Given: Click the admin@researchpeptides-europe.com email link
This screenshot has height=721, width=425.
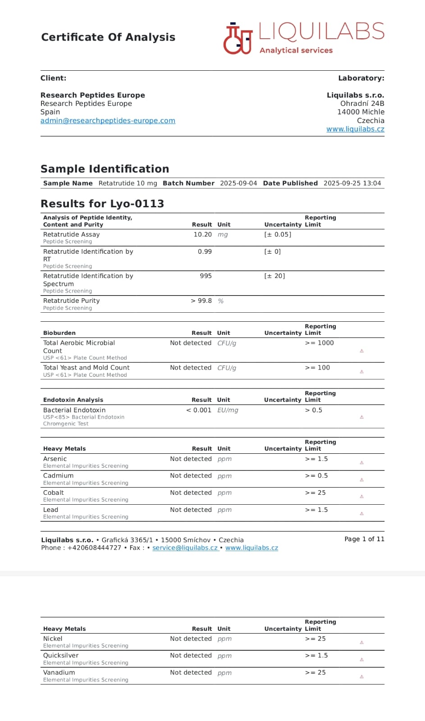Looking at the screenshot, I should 108,121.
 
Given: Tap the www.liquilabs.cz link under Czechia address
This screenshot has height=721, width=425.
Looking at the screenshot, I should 355,129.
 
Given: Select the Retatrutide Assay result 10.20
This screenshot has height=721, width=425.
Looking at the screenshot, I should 202,235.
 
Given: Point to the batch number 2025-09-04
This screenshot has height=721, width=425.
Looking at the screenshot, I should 238,183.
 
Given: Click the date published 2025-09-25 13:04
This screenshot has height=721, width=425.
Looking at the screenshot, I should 352,183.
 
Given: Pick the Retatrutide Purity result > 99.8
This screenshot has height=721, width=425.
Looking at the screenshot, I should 201,301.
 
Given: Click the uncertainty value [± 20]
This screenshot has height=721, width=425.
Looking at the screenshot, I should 274,276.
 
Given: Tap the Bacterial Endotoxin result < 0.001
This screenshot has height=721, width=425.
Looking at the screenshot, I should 198,411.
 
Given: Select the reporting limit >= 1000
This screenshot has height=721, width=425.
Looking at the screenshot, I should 319,343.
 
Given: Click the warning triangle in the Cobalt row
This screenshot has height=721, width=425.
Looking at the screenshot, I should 361,497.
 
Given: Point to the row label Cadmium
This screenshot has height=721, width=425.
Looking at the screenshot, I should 58,476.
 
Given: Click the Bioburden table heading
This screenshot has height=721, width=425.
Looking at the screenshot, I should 59,333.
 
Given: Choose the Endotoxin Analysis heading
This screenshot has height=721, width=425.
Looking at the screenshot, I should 73,400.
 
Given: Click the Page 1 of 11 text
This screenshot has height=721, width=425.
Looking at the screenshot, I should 364,539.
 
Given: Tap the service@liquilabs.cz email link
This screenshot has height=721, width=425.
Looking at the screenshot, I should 185,548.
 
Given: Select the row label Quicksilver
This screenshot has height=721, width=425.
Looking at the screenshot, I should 61,656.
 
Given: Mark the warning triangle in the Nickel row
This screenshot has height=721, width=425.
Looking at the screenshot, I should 361,643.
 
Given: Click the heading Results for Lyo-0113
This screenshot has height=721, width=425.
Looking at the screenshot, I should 102,204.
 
